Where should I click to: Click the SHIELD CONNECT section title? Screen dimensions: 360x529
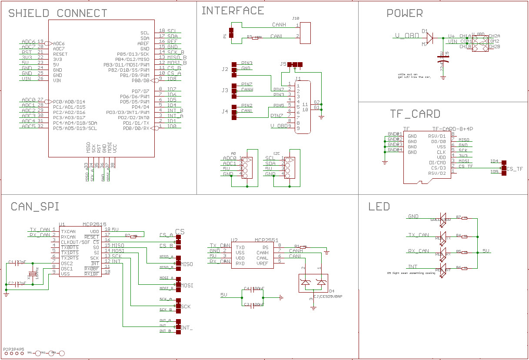58,13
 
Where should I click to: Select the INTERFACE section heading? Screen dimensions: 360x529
233,11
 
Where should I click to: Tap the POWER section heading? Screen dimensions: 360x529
404,13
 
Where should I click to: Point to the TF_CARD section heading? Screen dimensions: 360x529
415,114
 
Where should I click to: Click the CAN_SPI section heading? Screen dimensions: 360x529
35,206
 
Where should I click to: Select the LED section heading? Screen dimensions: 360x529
379,206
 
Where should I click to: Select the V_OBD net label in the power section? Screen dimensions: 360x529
406,36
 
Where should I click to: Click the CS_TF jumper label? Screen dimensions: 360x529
515,169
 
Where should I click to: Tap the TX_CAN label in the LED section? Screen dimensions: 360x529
418,235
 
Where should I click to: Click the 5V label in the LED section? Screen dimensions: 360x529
486,251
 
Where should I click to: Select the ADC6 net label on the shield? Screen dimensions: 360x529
28,42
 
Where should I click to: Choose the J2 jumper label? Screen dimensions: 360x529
224,69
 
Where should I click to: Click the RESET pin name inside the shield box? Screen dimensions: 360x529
60,54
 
